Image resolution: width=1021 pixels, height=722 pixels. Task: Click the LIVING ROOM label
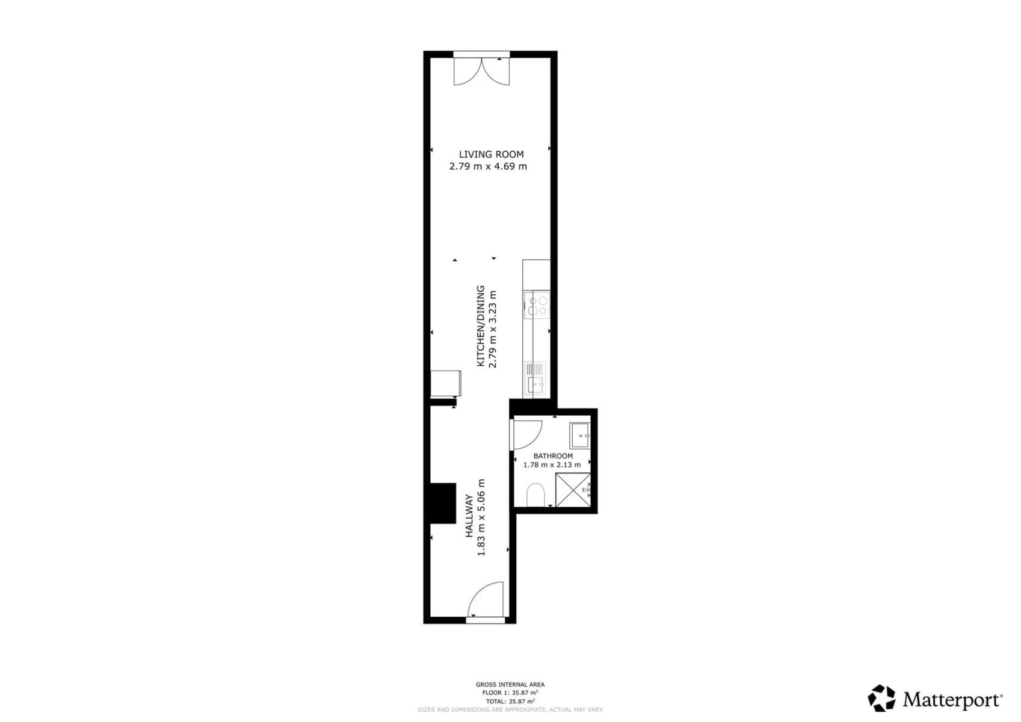(x=491, y=155)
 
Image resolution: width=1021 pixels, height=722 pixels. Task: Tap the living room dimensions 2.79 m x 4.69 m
(x=488, y=167)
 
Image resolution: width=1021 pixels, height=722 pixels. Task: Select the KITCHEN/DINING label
(x=480, y=326)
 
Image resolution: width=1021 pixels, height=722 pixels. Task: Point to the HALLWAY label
(x=469, y=516)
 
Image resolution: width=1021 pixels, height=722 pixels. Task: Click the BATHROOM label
(x=553, y=456)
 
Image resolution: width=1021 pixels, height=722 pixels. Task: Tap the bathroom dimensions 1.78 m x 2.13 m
(x=552, y=464)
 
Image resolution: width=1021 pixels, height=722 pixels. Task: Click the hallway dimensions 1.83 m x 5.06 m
(x=481, y=517)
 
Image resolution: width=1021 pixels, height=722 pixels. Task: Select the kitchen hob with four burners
(x=537, y=305)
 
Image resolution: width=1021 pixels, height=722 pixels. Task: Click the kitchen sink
(x=535, y=379)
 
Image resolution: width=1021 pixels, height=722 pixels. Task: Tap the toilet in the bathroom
(x=535, y=495)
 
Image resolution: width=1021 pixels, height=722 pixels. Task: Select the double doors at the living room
(x=481, y=70)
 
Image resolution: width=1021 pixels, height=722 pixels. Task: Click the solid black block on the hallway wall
(x=442, y=504)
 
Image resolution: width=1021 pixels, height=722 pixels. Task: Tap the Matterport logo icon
(x=881, y=698)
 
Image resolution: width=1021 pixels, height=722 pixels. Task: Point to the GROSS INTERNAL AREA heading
(x=510, y=684)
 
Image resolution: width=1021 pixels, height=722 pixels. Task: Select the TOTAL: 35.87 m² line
(x=510, y=701)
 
